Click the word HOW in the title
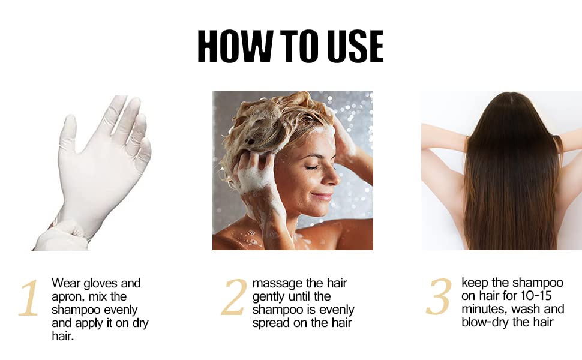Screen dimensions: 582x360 pyautogui.click(x=235, y=46)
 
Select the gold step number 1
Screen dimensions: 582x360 pyautogui.click(x=29, y=298)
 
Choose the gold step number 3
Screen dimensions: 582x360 pyautogui.click(x=439, y=296)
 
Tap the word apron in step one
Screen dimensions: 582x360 pyautogui.click(x=65, y=297)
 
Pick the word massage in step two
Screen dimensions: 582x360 pyautogui.click(x=277, y=284)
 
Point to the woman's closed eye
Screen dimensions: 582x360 pyautogui.click(x=313, y=167)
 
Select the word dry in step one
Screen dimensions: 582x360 pyautogui.click(x=140, y=323)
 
